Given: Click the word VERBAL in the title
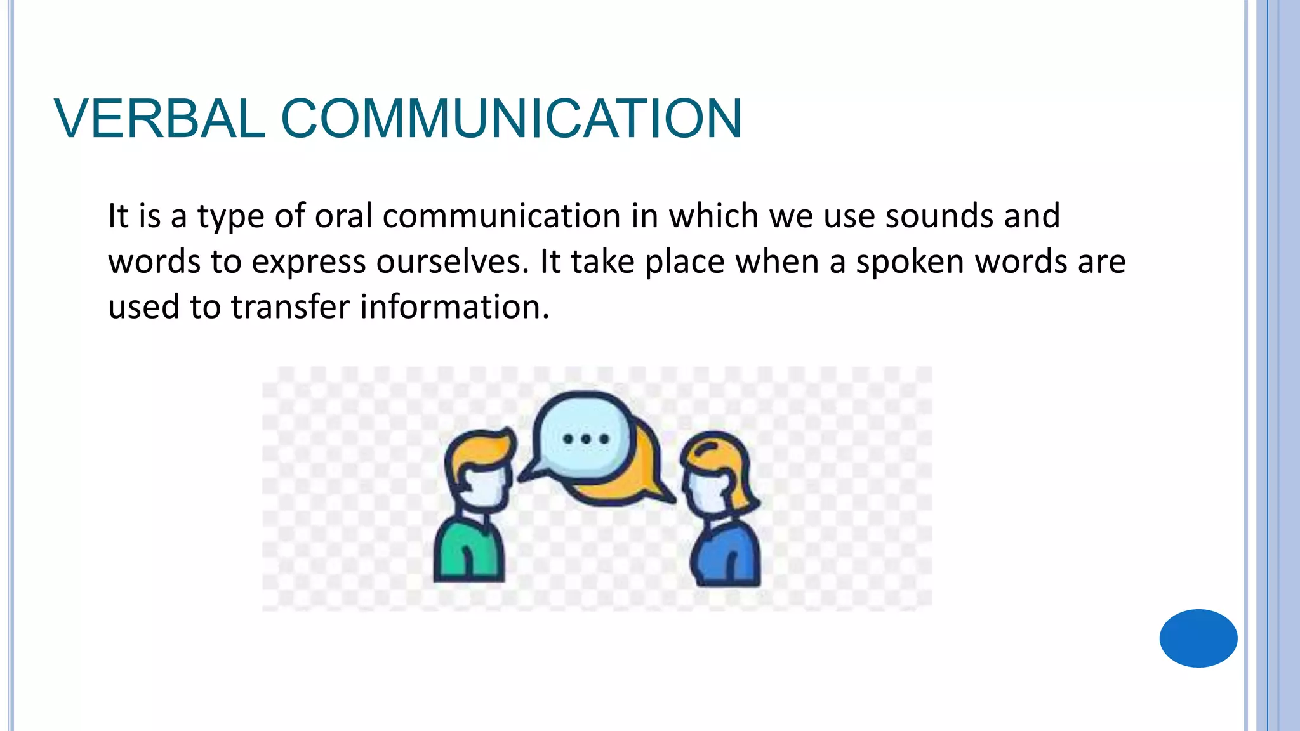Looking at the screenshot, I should point(159,119).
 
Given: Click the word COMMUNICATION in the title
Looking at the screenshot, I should point(511,119).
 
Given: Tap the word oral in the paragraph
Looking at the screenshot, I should point(343,216).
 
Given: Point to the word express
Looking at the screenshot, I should point(308,261).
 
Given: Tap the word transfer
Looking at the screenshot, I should point(291,307).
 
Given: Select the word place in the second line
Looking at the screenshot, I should point(684,261).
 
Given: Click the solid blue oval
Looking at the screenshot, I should point(1198,638).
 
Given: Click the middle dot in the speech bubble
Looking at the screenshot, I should point(586,438).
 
